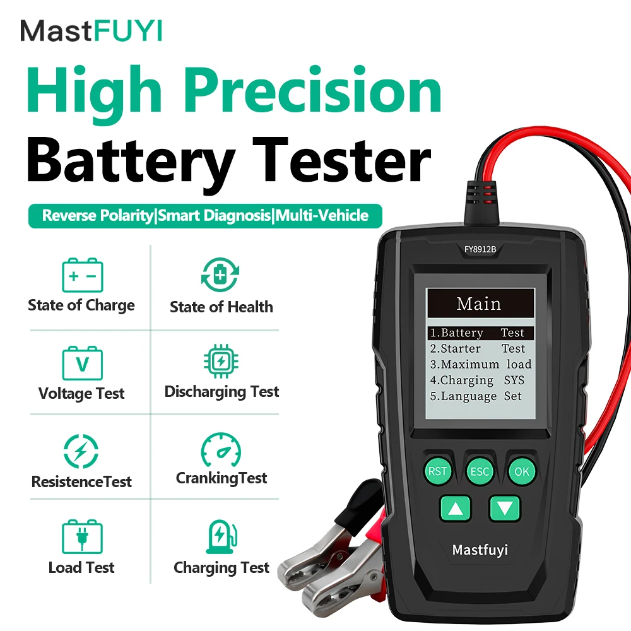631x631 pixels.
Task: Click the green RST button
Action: (437, 471)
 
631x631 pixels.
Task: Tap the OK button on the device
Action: (522, 471)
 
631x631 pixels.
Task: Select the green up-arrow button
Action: (456, 508)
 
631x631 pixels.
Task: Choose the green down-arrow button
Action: (505, 508)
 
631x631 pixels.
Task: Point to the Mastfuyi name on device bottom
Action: (480, 550)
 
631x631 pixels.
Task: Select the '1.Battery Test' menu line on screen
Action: (477, 333)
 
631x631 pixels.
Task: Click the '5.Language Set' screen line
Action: (477, 396)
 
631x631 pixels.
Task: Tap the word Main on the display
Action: (479, 304)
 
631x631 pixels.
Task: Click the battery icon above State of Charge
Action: (82, 276)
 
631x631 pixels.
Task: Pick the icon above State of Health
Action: (220, 275)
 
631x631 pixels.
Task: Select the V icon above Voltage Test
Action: (82, 362)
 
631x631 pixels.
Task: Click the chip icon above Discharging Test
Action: (221, 362)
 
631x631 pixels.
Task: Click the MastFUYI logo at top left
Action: (91, 30)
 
